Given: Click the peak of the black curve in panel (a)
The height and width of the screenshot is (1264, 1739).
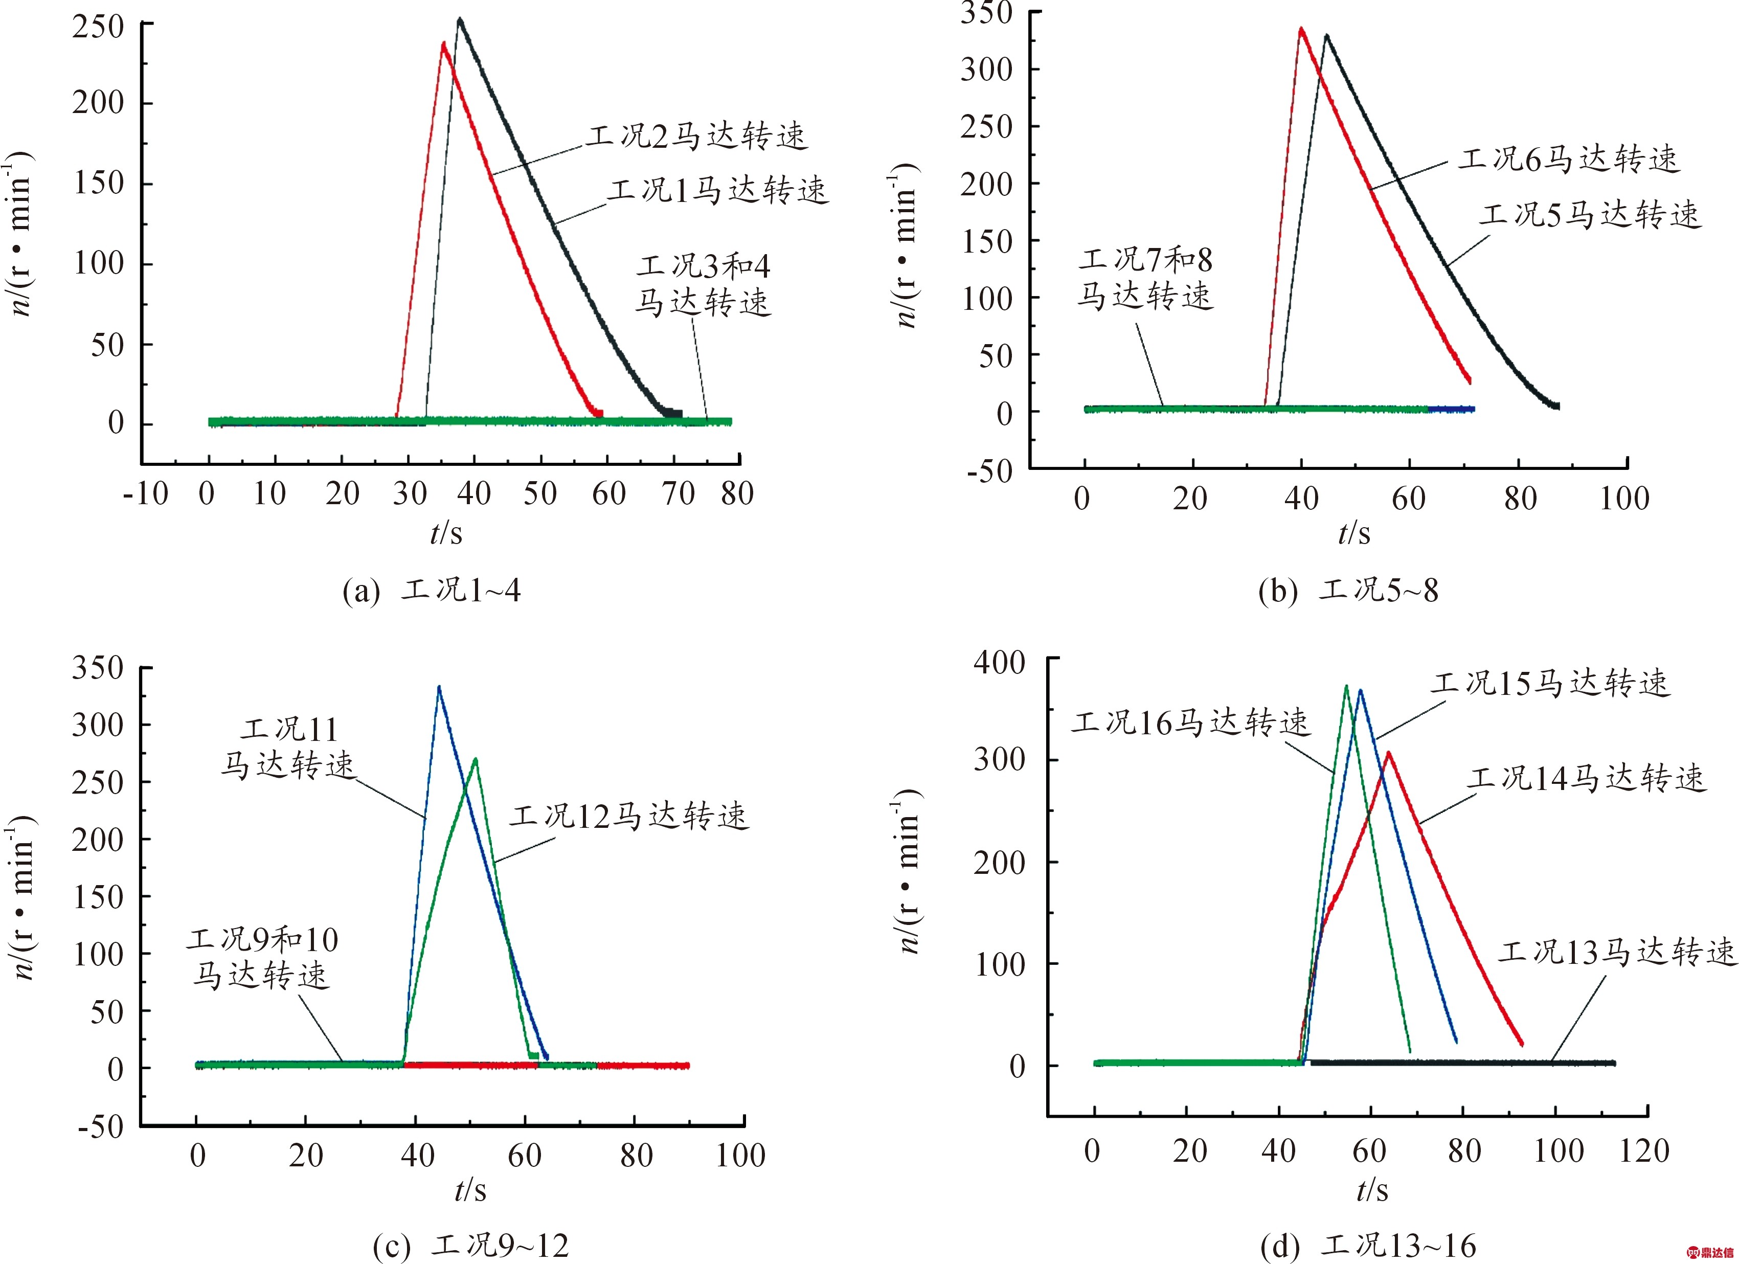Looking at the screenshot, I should pyautogui.click(x=459, y=19).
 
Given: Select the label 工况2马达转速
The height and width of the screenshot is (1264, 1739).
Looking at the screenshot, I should pyautogui.click(x=697, y=137).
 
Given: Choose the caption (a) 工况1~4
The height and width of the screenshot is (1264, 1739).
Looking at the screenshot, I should pyautogui.click(x=432, y=591).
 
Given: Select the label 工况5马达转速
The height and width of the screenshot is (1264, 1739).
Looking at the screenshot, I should pyautogui.click(x=1590, y=215).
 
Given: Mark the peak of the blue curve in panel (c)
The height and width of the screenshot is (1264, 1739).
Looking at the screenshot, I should pyautogui.click(x=439, y=687).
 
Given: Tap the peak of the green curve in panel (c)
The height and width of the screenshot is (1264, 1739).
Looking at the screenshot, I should pyautogui.click(x=476, y=759).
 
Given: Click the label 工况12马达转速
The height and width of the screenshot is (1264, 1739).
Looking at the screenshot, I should pyautogui.click(x=629, y=816).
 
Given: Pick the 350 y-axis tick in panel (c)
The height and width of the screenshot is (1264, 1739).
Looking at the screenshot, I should pyautogui.click(x=98, y=668).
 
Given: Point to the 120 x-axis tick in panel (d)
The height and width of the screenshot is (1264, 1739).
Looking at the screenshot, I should pyautogui.click(x=1644, y=1152).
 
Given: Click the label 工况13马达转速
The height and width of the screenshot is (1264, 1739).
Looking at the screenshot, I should pyautogui.click(x=1616, y=952).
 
